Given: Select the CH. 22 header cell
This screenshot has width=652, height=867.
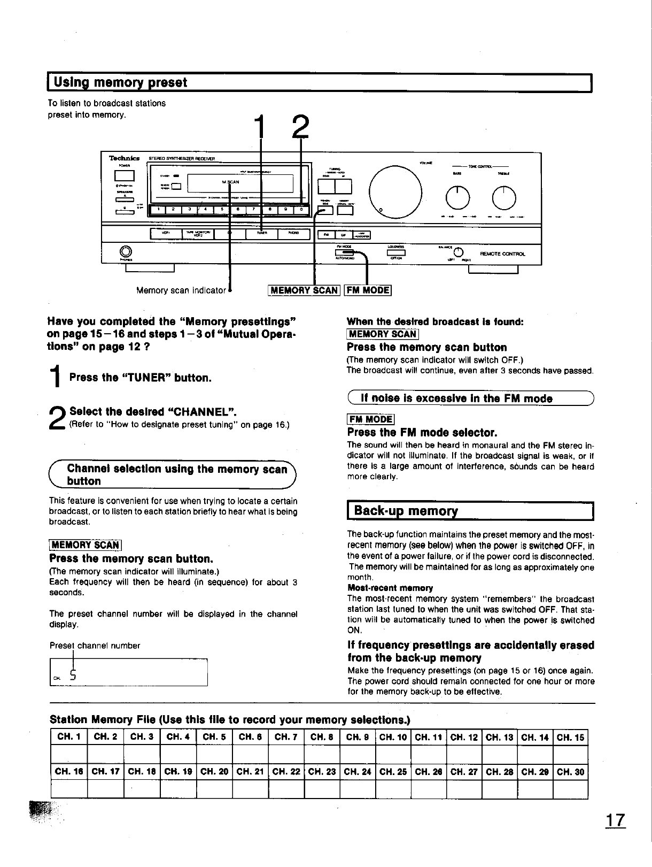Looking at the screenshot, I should point(286,772).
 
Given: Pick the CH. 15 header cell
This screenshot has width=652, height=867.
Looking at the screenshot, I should point(571,738).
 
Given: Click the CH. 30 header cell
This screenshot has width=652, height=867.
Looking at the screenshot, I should point(571,772).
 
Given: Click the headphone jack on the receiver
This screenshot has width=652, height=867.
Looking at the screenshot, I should point(126,250).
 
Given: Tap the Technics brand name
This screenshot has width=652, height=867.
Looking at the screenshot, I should point(125,158).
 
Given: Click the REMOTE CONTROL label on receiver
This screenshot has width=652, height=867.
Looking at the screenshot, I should point(502,254).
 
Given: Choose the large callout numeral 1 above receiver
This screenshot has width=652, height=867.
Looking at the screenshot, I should point(261,129).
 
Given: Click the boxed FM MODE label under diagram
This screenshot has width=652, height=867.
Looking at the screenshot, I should point(368,290).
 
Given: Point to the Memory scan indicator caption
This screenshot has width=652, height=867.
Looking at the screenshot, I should point(181,290).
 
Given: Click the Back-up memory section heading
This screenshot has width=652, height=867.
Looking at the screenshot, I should point(406,511).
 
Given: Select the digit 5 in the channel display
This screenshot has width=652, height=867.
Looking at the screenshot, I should point(74,676).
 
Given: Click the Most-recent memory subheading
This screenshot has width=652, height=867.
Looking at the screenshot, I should point(390,588).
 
